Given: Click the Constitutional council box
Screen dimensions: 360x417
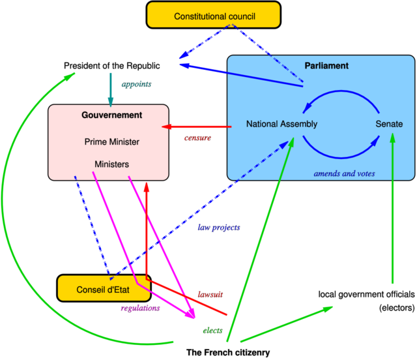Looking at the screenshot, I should [x=214, y=15].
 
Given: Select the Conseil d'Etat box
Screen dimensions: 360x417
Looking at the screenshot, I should [x=104, y=289].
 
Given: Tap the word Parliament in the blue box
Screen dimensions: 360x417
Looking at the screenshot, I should [x=326, y=66].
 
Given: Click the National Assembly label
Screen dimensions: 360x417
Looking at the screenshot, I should [x=281, y=124].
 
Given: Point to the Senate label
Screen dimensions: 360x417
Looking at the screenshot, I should [x=389, y=124].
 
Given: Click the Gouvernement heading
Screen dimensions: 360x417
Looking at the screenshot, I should [x=111, y=115].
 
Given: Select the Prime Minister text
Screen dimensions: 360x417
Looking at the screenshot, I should [x=111, y=142].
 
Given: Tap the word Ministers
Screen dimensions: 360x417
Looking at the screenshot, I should [x=111, y=164].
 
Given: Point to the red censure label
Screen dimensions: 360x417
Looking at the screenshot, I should [x=198, y=138].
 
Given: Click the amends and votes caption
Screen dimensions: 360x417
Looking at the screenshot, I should [x=344, y=173].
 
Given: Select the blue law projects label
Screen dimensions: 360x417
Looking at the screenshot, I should [x=219, y=228].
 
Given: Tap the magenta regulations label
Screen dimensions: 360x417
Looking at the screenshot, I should [x=140, y=308].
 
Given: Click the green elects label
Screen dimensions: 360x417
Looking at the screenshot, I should [x=212, y=330].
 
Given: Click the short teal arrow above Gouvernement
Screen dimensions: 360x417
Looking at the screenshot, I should [x=110, y=87].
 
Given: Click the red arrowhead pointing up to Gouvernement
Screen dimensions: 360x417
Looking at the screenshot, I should [x=147, y=186].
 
